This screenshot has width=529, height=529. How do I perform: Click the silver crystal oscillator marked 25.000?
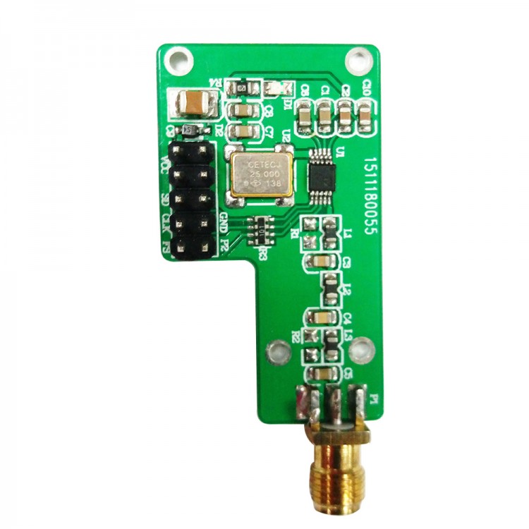(260, 174)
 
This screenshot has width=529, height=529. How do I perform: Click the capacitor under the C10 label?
(365, 115)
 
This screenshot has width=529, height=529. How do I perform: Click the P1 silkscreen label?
(373, 400)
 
